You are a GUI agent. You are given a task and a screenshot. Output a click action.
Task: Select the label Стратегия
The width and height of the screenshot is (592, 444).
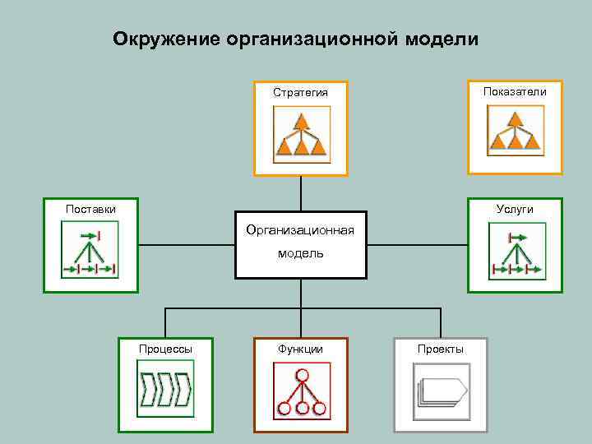click(300, 92)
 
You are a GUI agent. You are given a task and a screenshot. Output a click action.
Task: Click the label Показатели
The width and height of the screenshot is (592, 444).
click(515, 91)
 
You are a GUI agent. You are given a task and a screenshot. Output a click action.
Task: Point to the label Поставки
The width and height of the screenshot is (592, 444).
click(90, 209)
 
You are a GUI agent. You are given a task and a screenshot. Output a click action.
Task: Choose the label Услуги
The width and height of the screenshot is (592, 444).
click(515, 209)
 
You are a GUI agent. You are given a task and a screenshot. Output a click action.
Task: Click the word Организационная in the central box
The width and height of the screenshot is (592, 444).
click(300, 229)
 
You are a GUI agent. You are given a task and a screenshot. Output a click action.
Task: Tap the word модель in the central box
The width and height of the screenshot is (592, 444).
click(300, 253)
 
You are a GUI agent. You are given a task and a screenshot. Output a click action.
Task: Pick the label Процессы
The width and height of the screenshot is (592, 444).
click(165, 349)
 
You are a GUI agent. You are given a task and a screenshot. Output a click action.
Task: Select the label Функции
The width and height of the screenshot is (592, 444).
click(300, 349)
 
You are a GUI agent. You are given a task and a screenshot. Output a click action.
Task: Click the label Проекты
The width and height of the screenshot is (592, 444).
click(441, 349)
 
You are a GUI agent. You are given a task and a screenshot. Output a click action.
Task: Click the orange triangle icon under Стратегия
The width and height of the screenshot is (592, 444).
click(302, 136)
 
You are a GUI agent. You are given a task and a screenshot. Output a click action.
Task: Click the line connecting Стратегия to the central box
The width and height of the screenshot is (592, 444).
click(301, 197)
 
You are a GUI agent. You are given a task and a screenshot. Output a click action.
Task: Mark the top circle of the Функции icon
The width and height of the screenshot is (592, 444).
click(302, 375)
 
